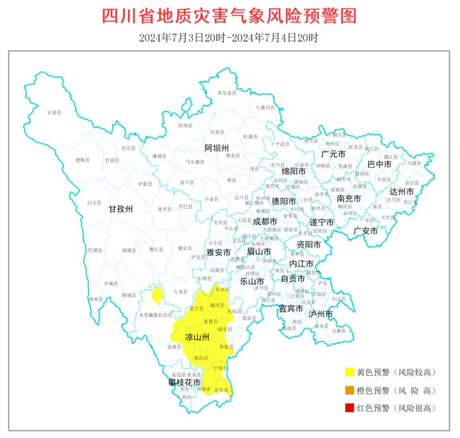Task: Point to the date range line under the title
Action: [229, 37]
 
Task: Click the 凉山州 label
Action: [197, 337]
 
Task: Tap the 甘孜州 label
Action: [120, 208]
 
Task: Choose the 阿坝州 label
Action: [217, 147]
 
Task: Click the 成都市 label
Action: [265, 222]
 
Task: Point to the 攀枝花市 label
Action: [184, 382]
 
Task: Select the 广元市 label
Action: [333, 154]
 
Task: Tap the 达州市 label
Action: [401, 191]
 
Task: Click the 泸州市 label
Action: [321, 314]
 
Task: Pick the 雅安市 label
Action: [219, 252]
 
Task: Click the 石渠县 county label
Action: [54, 112]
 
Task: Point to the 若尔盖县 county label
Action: [227, 92]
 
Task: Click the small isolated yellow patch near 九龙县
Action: [156, 295]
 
